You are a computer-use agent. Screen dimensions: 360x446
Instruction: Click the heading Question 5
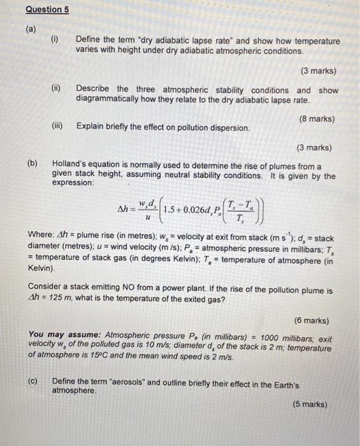[x=48, y=10]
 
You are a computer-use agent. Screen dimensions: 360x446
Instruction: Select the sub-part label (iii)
[x=58, y=126]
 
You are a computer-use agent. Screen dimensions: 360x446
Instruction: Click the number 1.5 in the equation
[x=170, y=208]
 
